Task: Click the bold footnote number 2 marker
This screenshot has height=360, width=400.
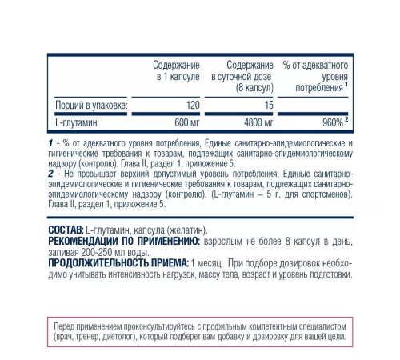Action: click(x=50, y=173)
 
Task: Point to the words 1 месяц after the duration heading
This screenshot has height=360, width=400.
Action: click(x=211, y=262)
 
